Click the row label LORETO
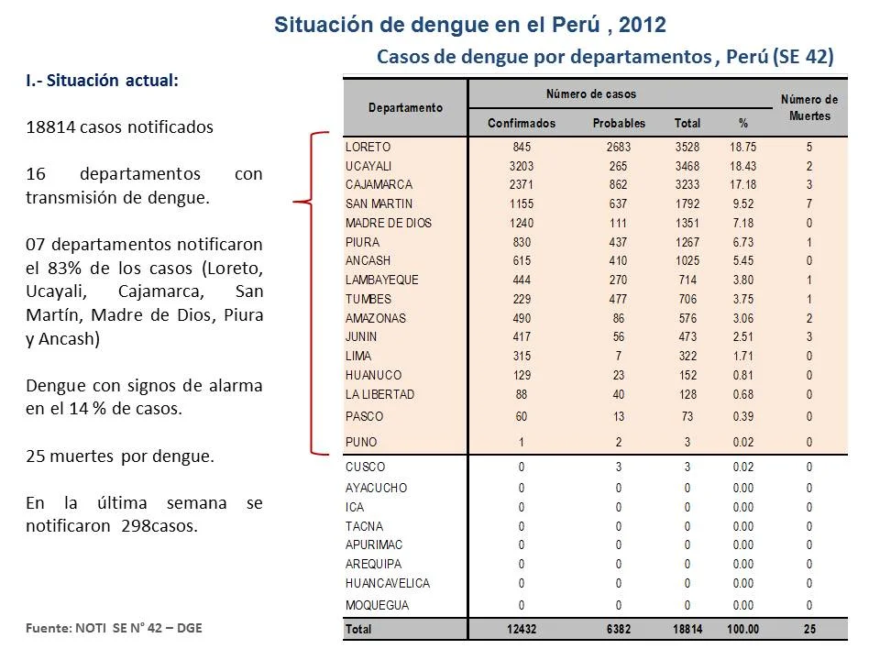tap(368, 147)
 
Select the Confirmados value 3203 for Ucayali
tap(522, 166)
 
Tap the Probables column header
tap(619, 123)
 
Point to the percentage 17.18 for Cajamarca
tap(743, 184)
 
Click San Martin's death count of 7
tap(808, 203)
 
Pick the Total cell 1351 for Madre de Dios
tap(687, 223)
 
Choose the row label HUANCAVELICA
tap(388, 584)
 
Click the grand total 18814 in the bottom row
tap(687, 629)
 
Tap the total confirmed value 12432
tap(522, 629)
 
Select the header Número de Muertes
tap(809, 108)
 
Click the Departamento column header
tap(405, 108)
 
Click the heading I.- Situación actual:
tap(102, 81)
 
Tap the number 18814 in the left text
tap(50, 126)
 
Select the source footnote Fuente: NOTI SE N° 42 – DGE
tap(114, 628)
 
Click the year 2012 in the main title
tap(643, 25)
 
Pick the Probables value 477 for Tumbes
tap(619, 299)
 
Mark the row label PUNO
tap(361, 442)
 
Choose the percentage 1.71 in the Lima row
tap(743, 356)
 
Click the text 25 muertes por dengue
tap(120, 456)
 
